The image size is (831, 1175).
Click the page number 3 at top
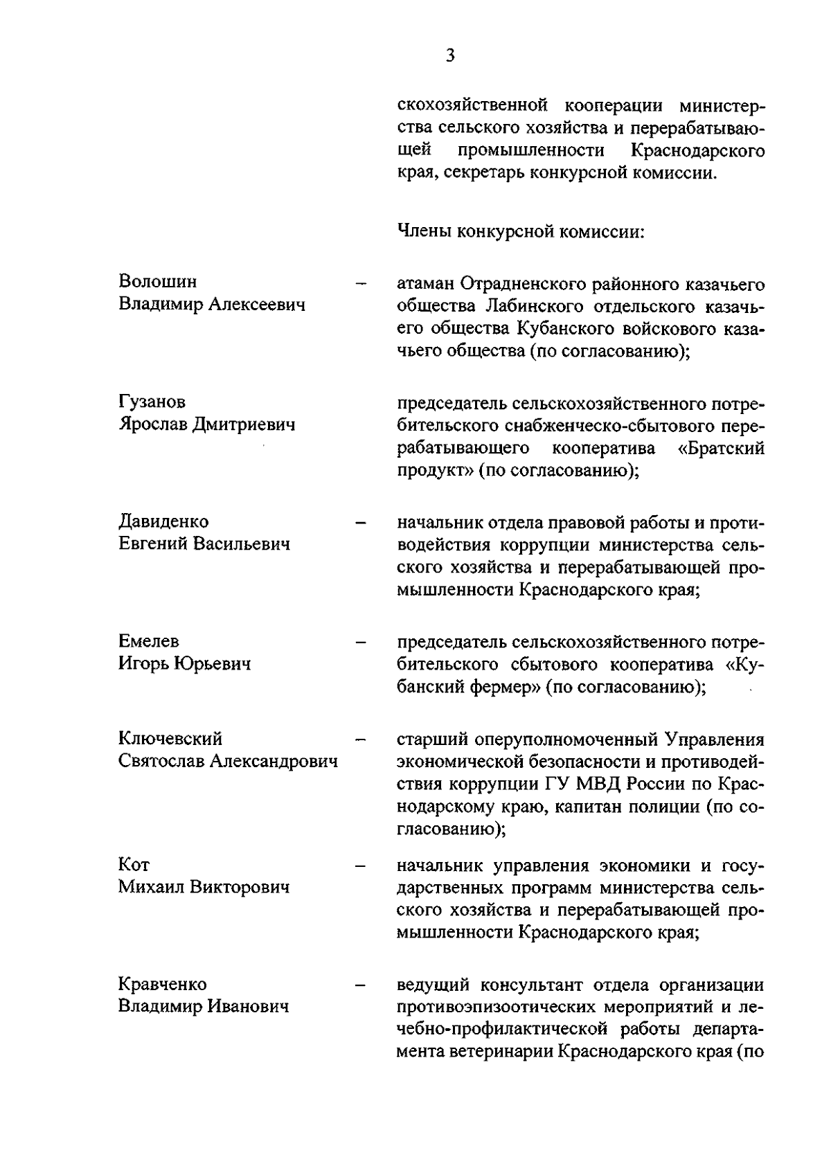450,56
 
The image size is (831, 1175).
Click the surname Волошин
157,282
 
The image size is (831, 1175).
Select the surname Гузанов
152,402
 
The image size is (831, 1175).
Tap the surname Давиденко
163,521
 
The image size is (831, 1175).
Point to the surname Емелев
148,641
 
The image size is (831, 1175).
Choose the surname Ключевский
170,739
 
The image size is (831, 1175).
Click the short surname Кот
134,864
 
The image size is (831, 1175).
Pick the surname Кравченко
162,984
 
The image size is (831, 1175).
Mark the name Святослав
161,762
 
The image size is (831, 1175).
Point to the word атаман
426,284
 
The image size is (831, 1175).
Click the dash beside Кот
360,865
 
